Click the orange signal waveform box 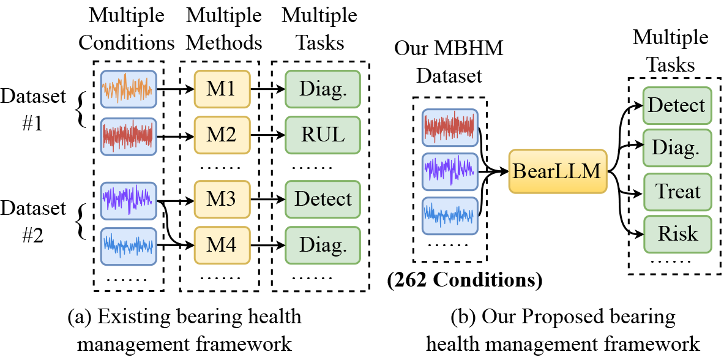point(129,89)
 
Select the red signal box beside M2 point(129,136)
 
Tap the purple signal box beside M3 point(129,200)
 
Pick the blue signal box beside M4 point(129,246)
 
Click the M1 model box point(222,89)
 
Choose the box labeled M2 point(222,135)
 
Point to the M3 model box point(222,199)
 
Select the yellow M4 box point(222,246)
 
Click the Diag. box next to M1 point(323,89)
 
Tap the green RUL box point(323,135)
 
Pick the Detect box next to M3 point(323,199)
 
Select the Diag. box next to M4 point(323,246)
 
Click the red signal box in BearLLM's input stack point(450,127)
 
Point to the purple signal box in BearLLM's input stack point(450,171)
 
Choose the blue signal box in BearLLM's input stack point(450,216)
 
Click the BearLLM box point(558,171)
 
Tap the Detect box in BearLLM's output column point(677,105)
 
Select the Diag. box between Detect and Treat point(677,148)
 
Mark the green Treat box point(677,192)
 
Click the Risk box point(677,234)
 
